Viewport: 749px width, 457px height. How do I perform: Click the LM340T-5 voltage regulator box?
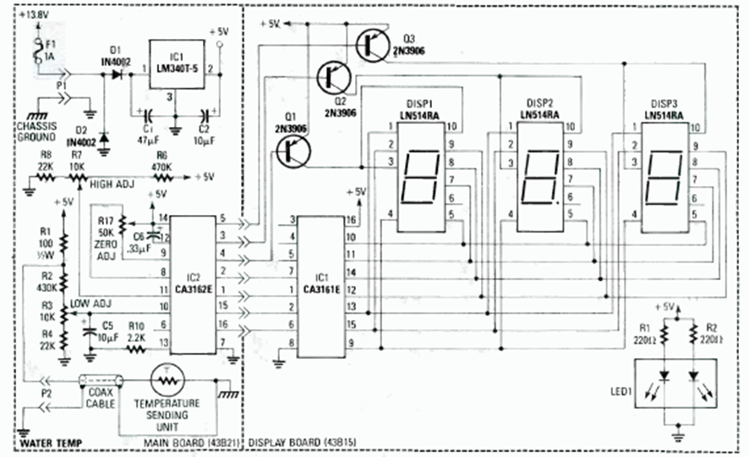pyautogui.click(x=178, y=63)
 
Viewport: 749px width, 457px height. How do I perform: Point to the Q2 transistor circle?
pyautogui.click(x=333, y=77)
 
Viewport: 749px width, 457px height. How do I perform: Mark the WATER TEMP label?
pyautogui.click(x=52, y=442)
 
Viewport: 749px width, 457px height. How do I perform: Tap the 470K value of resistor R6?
pyautogui.click(x=160, y=168)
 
